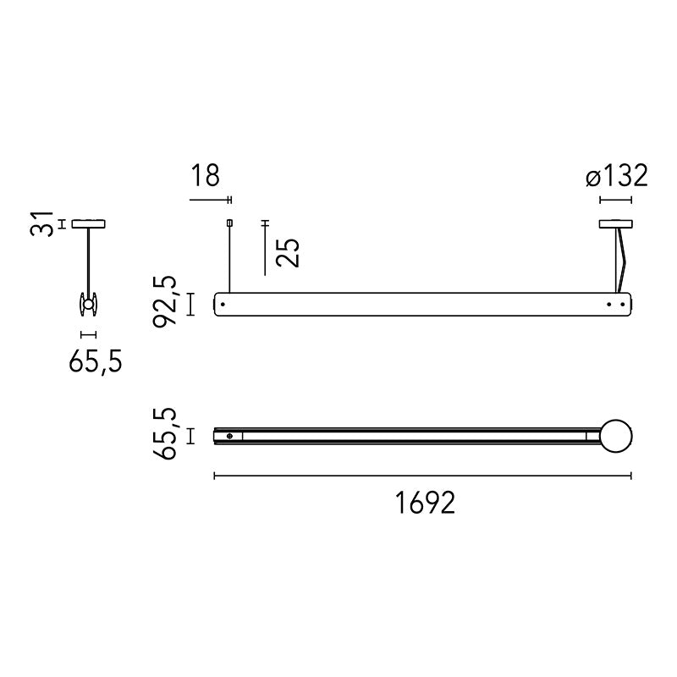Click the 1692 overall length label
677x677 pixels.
coord(426,503)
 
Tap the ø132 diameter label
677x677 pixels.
coord(617,176)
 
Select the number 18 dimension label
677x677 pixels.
coord(205,176)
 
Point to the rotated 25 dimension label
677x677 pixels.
coord(288,252)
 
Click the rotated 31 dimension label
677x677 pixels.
coord(41,223)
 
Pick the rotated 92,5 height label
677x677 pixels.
coord(165,302)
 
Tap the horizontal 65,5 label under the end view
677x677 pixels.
coord(96,361)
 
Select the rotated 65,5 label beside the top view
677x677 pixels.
coord(165,433)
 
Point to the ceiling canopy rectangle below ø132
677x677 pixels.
coord(616,224)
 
